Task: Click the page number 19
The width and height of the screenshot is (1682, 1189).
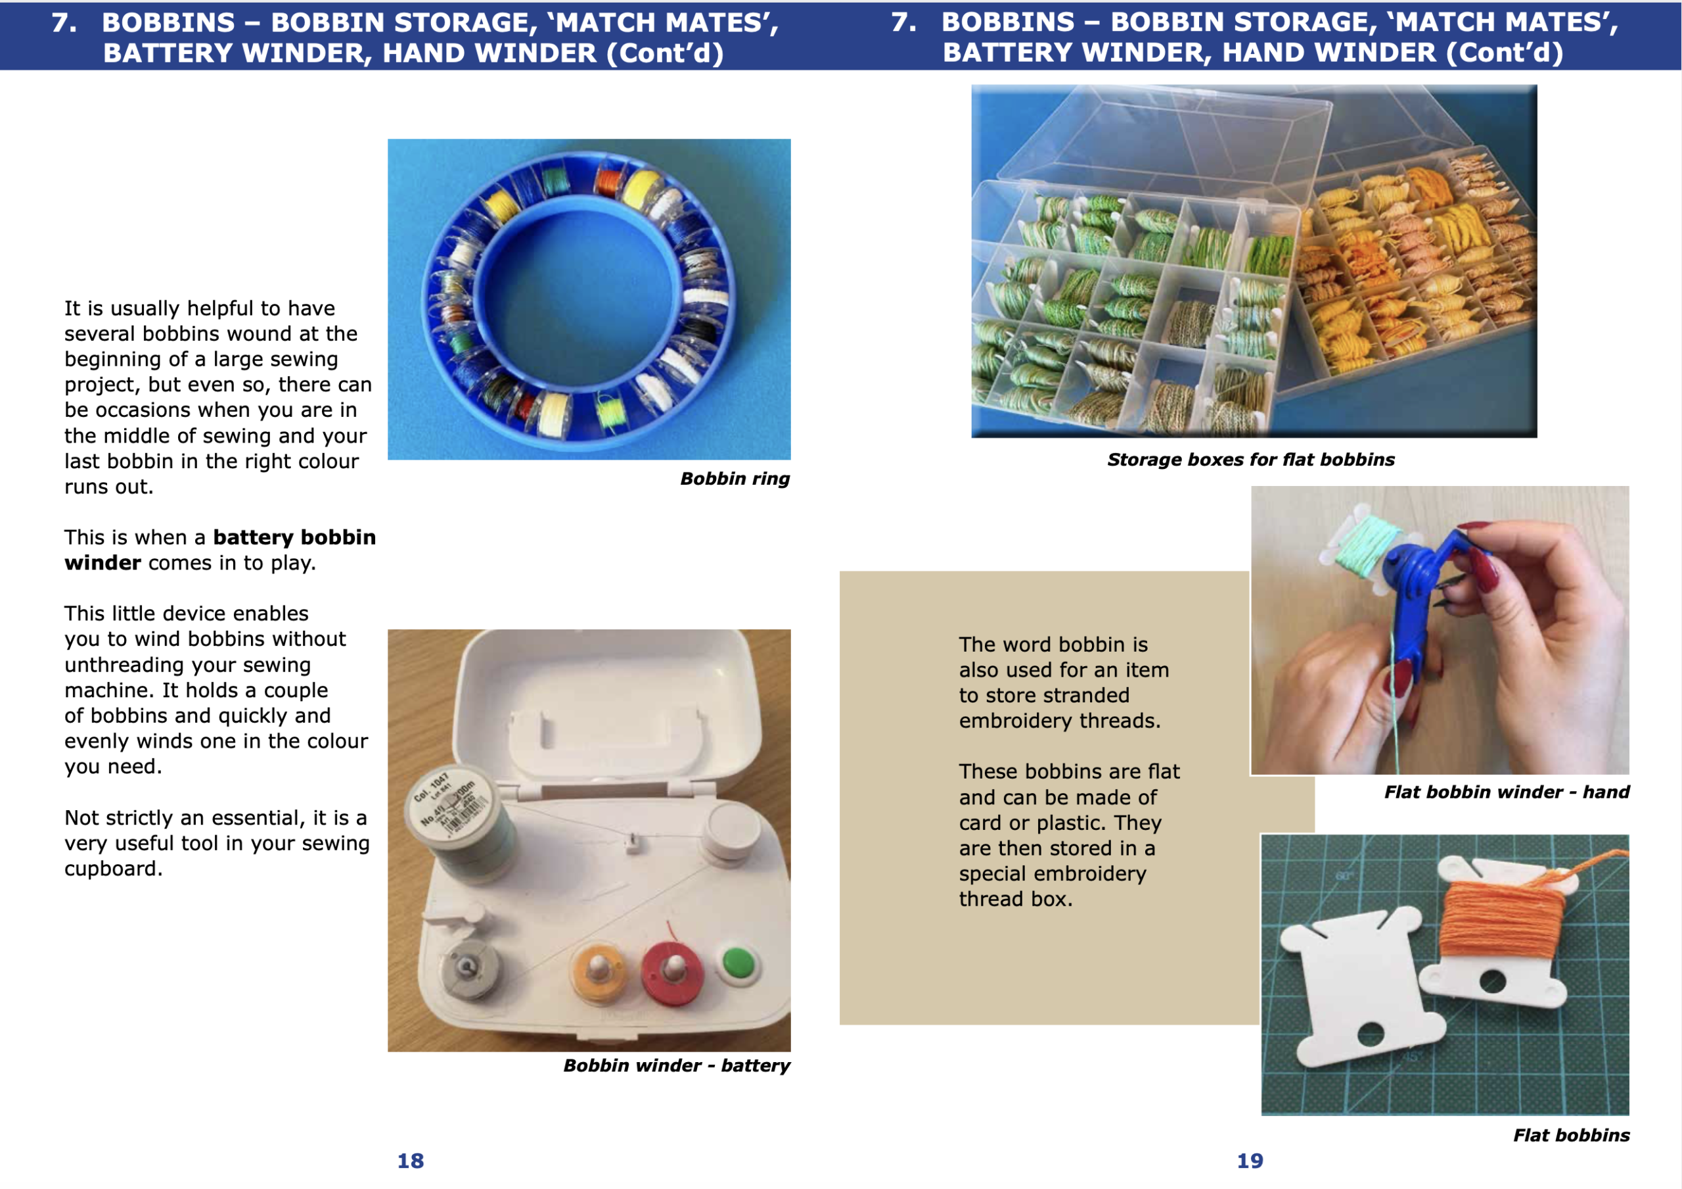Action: pos(1250,1161)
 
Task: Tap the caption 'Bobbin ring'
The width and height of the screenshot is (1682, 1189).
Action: pos(735,479)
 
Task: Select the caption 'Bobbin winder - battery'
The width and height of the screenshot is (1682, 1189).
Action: pos(676,1065)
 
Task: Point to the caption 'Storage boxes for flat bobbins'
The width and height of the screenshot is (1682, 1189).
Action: pos(1250,460)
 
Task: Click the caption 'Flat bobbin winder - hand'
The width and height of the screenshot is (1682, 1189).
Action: pos(1506,792)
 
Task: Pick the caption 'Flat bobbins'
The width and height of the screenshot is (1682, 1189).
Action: pos(1572,1135)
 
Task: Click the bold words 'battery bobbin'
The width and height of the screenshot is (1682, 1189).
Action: pos(294,537)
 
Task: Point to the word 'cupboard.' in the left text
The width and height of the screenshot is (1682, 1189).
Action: pos(114,869)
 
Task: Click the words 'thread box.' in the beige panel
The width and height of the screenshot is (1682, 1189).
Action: pos(1015,899)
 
